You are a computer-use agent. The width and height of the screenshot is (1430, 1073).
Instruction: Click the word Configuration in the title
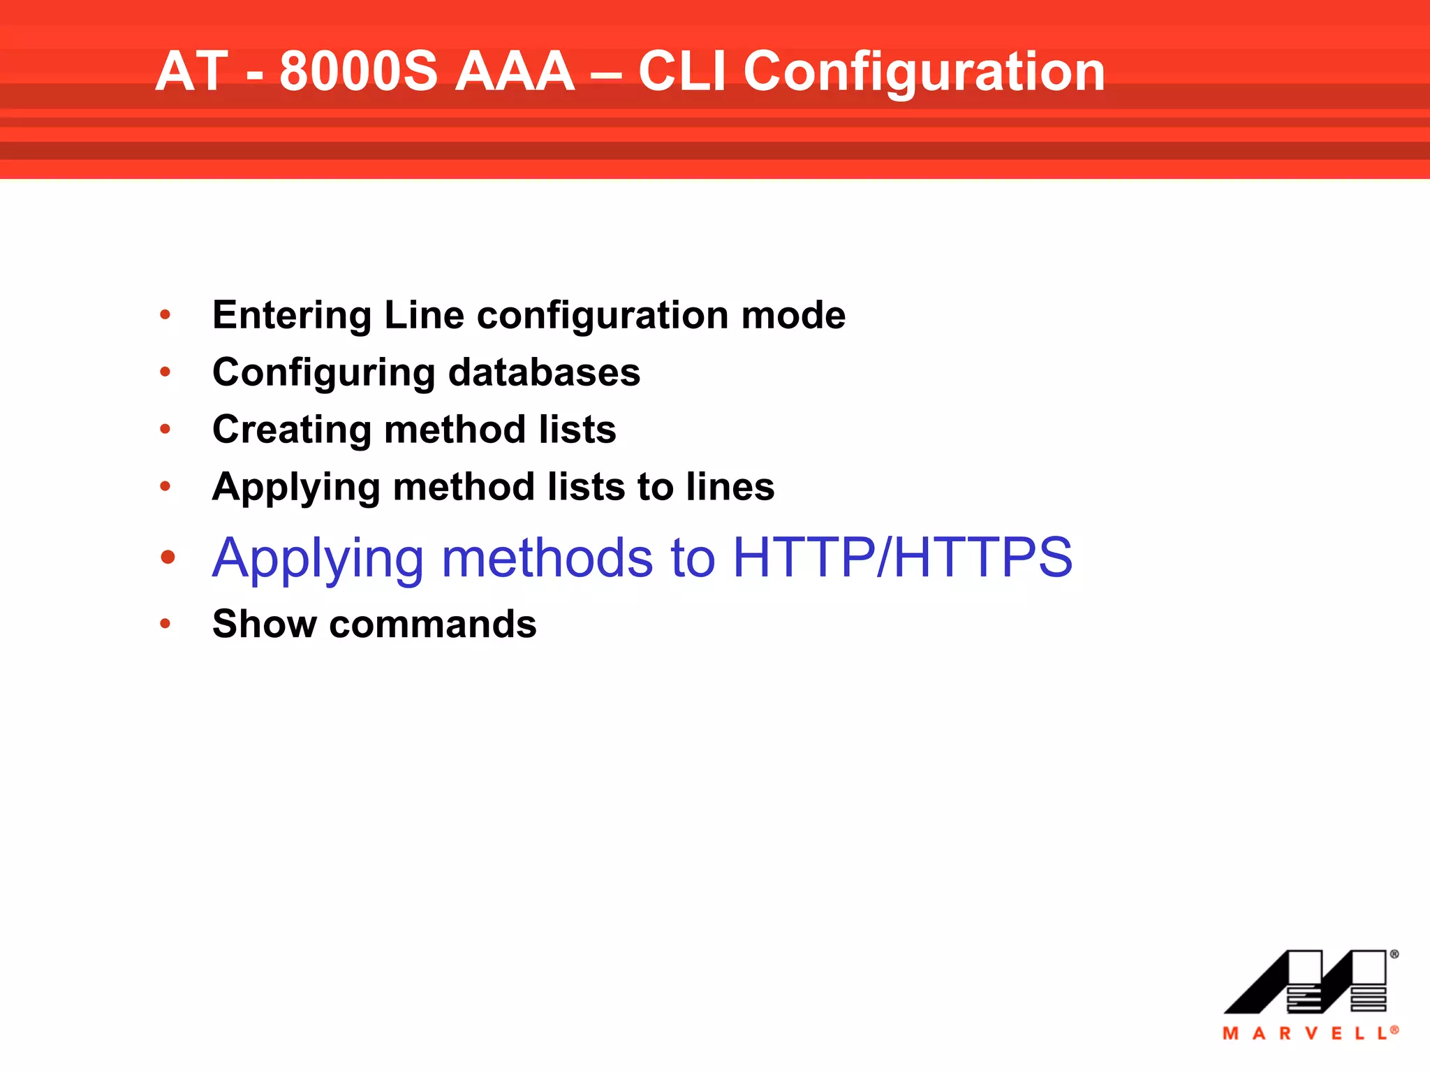tap(923, 72)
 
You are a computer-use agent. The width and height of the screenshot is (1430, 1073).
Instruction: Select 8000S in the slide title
tap(358, 72)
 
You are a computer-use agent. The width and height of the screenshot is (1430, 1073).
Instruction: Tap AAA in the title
tap(515, 72)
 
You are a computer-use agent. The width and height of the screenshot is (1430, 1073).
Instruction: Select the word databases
tap(544, 372)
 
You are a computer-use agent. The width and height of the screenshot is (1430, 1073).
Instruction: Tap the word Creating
tap(291, 429)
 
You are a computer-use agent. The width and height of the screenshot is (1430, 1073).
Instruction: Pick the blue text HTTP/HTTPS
tap(902, 557)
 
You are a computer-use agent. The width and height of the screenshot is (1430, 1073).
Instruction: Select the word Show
tap(265, 624)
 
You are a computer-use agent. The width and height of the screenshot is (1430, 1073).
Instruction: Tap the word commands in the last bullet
tap(433, 624)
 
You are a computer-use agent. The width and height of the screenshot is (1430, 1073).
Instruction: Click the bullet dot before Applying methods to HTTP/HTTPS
tap(168, 557)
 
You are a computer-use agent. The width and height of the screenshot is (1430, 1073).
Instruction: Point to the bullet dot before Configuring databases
tap(165, 372)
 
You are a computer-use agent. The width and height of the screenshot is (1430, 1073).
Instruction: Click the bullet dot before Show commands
tap(165, 624)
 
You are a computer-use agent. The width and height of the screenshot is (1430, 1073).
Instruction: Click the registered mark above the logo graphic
tap(1394, 954)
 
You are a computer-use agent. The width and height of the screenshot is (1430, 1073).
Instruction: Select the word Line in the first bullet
tap(424, 315)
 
